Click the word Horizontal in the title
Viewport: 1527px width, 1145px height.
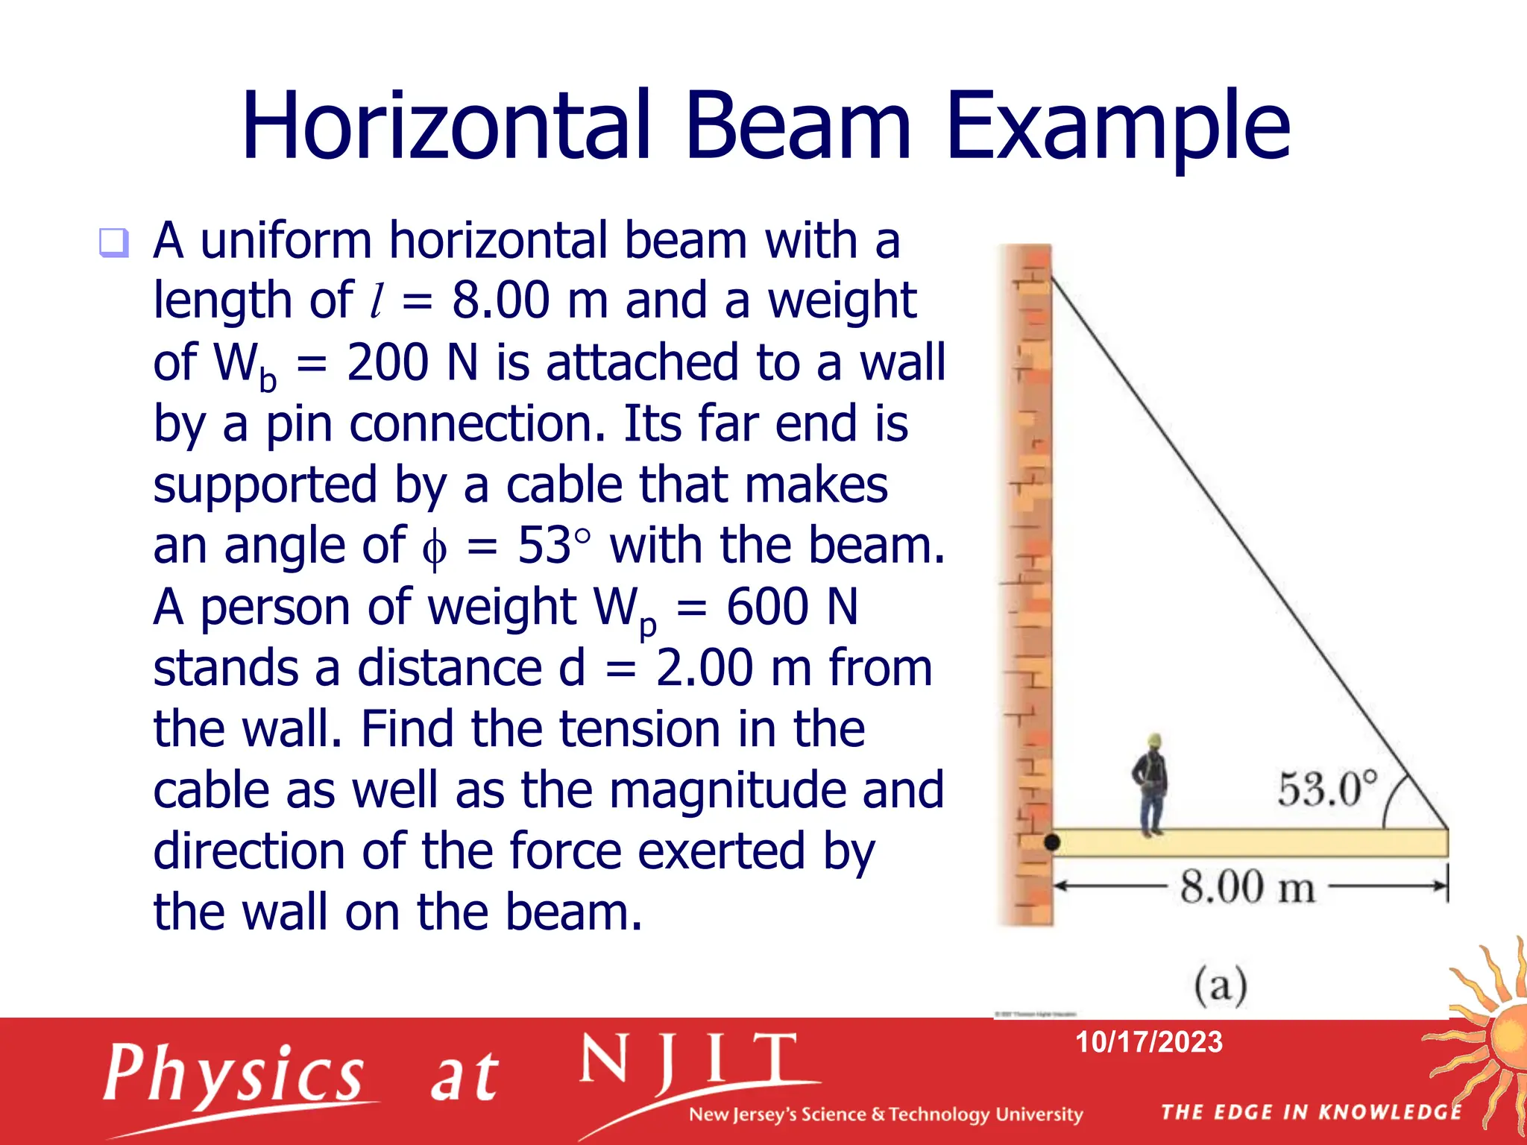coord(446,125)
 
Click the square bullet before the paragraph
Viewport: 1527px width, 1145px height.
coord(114,242)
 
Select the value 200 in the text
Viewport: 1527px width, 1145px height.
coord(387,363)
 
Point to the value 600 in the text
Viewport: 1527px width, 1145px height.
coord(766,607)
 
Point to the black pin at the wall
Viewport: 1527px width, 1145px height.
coord(1052,843)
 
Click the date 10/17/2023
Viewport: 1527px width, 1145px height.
coord(1148,1042)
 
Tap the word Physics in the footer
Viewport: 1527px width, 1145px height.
coord(234,1075)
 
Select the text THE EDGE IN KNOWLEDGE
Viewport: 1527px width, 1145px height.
coord(1311,1112)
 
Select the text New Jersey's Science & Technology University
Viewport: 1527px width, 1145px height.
coord(885,1114)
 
